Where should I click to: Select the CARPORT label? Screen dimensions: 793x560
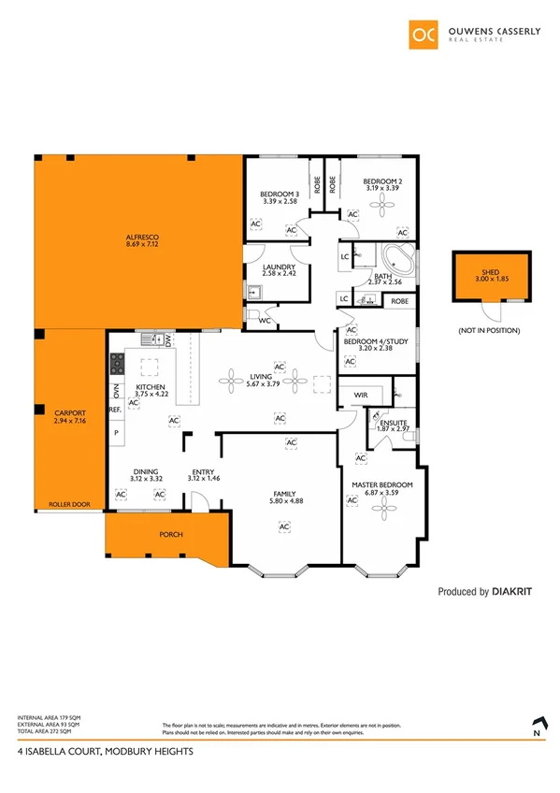point(70,412)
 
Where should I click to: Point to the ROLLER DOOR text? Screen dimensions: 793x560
point(70,504)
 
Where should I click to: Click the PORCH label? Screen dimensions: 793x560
point(171,535)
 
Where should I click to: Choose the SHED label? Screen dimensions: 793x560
point(483,272)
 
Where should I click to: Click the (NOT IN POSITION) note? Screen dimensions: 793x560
point(489,331)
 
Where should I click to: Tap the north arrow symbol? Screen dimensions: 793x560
point(537,724)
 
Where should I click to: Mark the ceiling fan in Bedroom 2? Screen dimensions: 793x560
point(381,208)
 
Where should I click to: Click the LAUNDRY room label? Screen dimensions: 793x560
point(279,267)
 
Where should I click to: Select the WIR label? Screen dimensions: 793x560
point(361,396)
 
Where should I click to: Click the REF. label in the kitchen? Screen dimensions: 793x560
point(116,410)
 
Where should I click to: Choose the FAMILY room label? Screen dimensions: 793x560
point(284,493)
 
